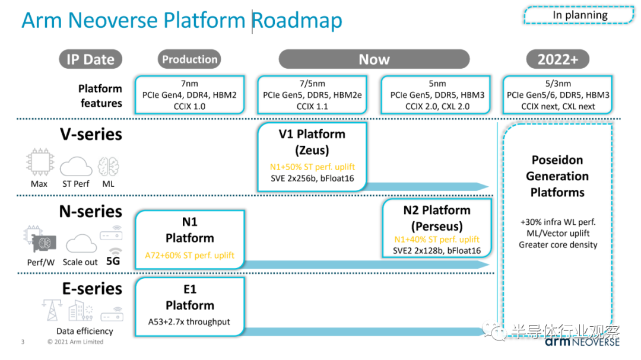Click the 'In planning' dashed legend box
[x=579, y=15]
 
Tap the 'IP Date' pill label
[x=90, y=59]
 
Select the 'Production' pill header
[x=189, y=59]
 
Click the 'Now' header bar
[x=374, y=59]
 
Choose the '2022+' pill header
[x=557, y=59]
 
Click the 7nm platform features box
[x=190, y=95]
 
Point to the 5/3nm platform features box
[x=557, y=95]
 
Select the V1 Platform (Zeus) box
[x=312, y=157]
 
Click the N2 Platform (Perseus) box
[x=437, y=228]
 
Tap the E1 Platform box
[x=190, y=307]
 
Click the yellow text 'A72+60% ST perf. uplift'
[x=190, y=256]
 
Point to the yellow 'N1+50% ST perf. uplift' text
[x=312, y=167]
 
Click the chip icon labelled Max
[x=40, y=162]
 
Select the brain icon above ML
[x=109, y=166]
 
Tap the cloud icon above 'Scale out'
[x=81, y=244]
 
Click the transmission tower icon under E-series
[x=52, y=310]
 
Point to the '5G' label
[x=113, y=261]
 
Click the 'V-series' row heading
[x=91, y=135]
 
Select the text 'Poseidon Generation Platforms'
[x=557, y=176]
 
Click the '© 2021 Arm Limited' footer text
[x=75, y=342]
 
